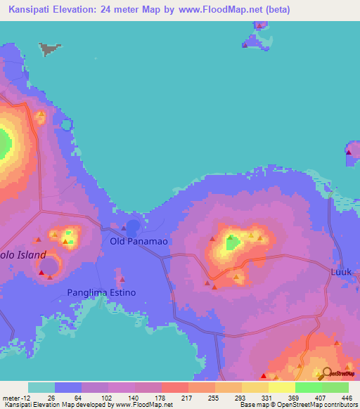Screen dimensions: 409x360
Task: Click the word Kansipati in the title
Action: tap(32, 10)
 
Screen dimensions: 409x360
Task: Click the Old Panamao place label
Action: tap(139, 241)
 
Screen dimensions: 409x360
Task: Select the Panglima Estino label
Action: tap(101, 292)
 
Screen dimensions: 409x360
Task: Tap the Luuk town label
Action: tap(340, 271)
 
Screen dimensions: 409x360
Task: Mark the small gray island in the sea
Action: tap(49, 48)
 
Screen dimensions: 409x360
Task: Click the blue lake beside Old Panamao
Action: tap(132, 226)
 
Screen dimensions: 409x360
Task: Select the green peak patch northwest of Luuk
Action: tap(231, 243)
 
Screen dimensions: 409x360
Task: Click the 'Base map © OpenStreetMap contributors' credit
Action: tap(298, 405)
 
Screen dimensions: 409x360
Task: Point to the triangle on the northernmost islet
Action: tap(259, 26)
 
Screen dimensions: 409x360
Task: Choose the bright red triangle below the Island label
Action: tap(41, 272)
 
